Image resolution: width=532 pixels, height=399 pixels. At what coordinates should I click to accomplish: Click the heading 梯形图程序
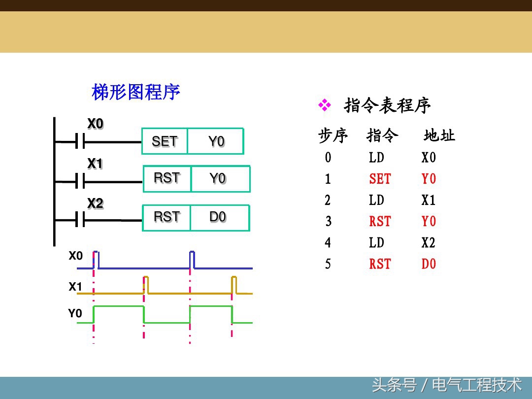point(136,92)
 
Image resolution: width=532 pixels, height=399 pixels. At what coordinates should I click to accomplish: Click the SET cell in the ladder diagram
point(165,141)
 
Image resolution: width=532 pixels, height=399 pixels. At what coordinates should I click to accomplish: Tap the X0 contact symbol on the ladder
point(80,142)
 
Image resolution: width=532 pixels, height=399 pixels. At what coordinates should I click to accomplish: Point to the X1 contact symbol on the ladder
point(80,182)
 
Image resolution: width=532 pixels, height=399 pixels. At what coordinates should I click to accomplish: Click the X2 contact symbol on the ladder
point(80,221)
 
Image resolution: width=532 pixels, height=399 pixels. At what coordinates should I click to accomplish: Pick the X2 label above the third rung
point(95,203)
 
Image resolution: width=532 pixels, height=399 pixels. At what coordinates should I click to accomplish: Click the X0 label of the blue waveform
point(75,256)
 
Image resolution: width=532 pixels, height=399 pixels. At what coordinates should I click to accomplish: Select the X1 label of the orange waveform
point(75,287)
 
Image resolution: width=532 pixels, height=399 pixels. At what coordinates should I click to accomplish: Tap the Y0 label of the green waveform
point(75,313)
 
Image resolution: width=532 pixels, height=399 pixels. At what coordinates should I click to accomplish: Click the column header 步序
point(333,135)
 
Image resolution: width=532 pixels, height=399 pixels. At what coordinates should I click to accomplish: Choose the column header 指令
point(382,135)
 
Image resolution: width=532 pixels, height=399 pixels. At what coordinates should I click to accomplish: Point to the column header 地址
point(439,135)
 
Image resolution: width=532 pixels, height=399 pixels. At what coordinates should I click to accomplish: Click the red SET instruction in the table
point(380,179)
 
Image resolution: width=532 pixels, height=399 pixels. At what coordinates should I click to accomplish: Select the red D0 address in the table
point(429,264)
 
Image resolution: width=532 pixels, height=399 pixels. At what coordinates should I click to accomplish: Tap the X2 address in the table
point(429,242)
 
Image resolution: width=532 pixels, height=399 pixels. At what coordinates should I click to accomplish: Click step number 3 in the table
point(328,222)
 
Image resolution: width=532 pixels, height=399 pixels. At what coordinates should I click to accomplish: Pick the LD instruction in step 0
point(376,158)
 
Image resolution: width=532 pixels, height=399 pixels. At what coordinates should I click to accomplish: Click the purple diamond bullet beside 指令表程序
point(325,104)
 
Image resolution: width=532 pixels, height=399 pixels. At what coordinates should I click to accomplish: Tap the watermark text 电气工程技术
point(476,385)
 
